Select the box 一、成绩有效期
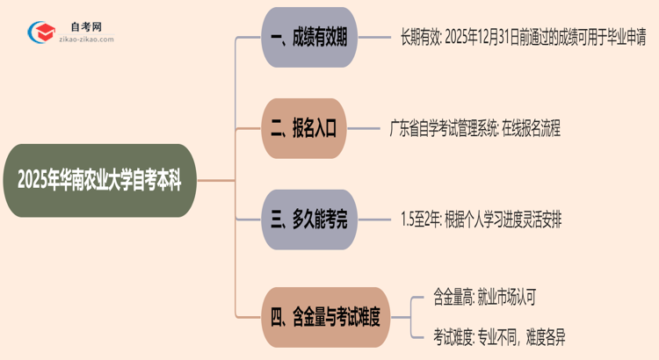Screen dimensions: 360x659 pos(310,39)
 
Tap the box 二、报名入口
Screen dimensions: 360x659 pos(304,129)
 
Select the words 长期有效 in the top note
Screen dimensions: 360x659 pos(420,39)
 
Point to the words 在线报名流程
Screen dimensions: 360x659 pos(533,129)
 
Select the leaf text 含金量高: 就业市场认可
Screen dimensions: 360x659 pos(483,297)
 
